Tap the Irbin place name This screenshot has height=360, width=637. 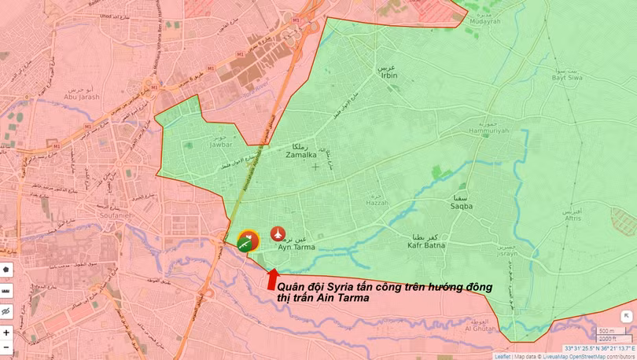click(x=388, y=75)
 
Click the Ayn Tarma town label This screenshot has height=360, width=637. click(x=297, y=247)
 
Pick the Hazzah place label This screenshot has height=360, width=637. click(x=377, y=202)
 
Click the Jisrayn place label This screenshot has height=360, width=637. click(x=507, y=254)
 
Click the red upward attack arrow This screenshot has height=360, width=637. click(x=272, y=278)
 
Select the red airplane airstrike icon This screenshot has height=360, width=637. click(x=278, y=233)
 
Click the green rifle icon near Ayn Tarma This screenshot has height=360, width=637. click(x=246, y=244)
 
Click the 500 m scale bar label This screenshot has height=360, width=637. click(x=606, y=331)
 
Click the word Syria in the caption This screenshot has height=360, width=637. click(x=340, y=287)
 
